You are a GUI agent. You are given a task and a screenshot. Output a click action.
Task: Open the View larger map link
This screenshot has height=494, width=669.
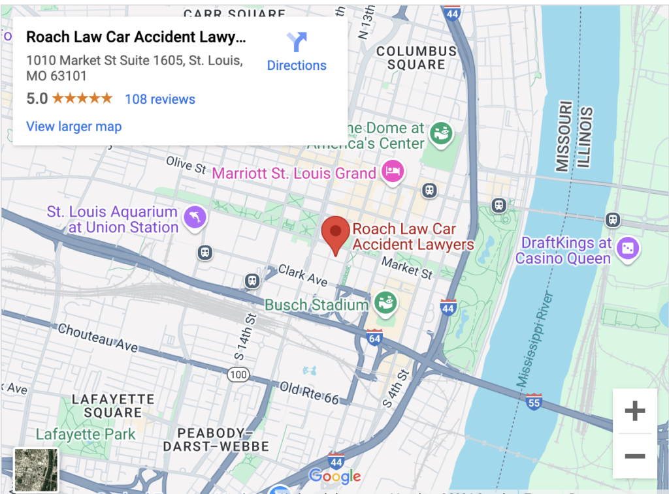[74, 127]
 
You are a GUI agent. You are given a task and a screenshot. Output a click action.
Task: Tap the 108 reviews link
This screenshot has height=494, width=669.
[160, 99]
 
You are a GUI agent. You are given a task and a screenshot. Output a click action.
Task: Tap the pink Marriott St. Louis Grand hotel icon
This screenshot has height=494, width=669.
[393, 172]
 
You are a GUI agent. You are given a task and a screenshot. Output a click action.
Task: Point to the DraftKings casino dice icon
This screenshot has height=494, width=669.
[628, 248]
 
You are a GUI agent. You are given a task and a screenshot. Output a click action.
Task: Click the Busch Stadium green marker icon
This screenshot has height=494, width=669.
[384, 302]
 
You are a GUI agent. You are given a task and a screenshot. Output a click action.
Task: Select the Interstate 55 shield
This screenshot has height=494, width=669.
[534, 401]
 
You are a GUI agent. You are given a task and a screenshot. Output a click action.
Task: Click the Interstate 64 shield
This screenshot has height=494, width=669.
[374, 338]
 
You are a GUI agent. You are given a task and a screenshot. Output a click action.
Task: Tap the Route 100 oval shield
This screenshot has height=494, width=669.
[238, 375]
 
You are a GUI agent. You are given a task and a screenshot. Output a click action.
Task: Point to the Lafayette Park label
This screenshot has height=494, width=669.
[86, 435]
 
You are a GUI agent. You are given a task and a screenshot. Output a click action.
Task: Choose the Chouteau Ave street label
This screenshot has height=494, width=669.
[98, 337]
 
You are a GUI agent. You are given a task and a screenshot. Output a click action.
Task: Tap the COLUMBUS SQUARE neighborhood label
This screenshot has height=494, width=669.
[416, 58]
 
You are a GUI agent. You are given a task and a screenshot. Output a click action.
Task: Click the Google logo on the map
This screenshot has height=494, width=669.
[334, 476]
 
